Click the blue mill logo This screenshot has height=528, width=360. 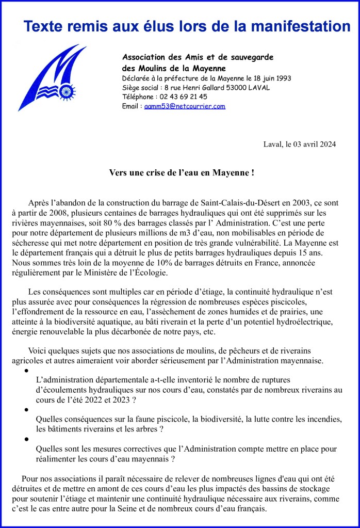point(52,77)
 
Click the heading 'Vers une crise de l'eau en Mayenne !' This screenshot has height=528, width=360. point(182,173)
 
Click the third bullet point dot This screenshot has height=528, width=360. point(26,440)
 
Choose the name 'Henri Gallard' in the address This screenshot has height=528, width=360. point(203,87)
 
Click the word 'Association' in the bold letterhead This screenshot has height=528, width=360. point(144,57)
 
